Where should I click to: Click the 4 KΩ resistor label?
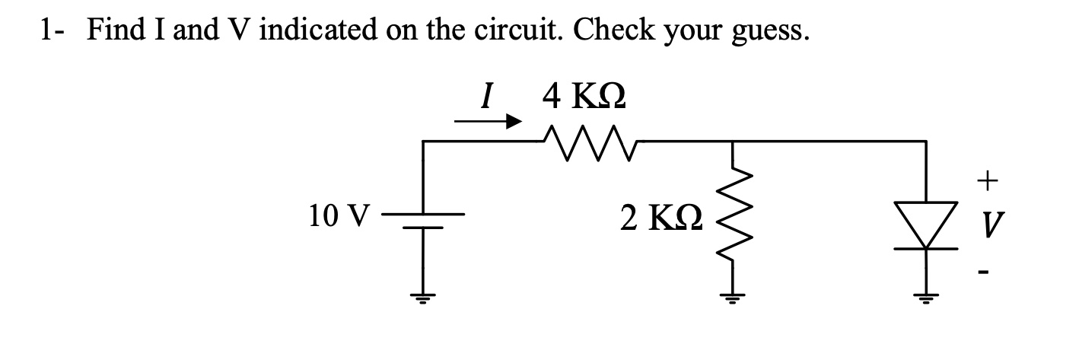[x=584, y=97]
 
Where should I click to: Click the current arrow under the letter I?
[x=488, y=121]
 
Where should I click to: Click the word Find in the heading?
[x=120, y=30]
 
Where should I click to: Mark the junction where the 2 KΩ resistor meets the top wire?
[x=731, y=142]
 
